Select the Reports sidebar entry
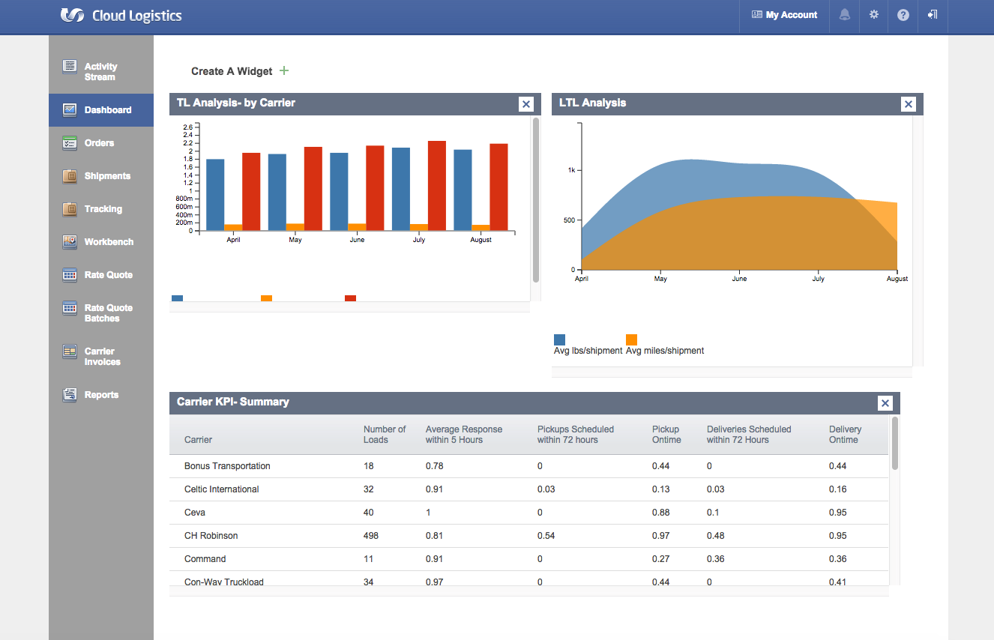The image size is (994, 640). point(100,395)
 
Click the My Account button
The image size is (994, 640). point(784,15)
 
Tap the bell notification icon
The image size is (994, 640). point(845,15)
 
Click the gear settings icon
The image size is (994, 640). point(874,15)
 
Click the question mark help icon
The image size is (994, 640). point(903,15)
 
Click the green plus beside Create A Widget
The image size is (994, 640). point(284,70)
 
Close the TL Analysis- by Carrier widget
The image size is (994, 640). point(526,104)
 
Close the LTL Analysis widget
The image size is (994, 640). point(909,104)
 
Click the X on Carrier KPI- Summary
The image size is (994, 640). point(885,403)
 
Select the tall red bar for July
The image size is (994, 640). point(437,186)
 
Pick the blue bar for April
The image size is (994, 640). point(215,195)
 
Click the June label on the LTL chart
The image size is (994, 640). point(739,279)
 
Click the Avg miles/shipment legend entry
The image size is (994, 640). point(664,350)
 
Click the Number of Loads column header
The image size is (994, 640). point(385,435)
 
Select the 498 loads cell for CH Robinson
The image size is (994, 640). point(371,536)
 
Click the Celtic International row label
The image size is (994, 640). point(222,489)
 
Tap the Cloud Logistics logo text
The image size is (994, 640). point(136,16)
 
